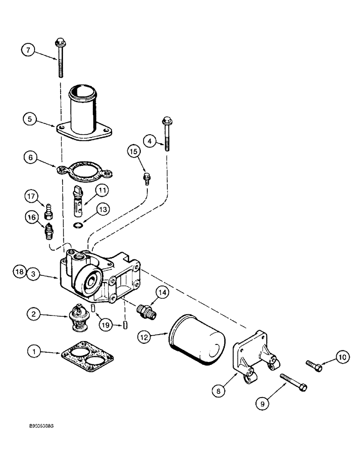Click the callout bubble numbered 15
pyautogui.click(x=133, y=151)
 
